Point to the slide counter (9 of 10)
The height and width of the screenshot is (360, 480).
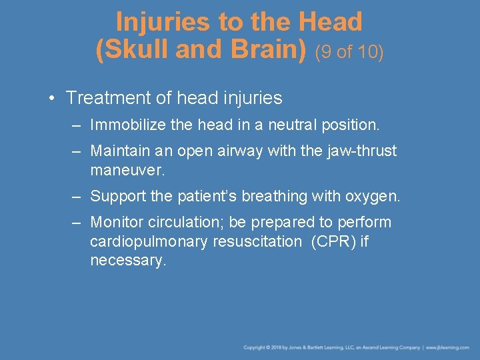pyautogui.click(x=349, y=51)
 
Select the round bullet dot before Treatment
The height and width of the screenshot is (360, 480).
pyautogui.click(x=51, y=98)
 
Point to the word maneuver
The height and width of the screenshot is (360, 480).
pyautogui.click(x=127, y=170)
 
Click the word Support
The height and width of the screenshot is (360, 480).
pyautogui.click(x=118, y=196)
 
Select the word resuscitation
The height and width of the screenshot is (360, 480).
pyautogui.click(x=257, y=241)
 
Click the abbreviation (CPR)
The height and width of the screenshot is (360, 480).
pyautogui.click(x=333, y=241)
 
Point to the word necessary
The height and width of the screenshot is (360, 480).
pyautogui.click(x=127, y=261)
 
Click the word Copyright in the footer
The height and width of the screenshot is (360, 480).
pyautogui.click(x=255, y=347)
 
